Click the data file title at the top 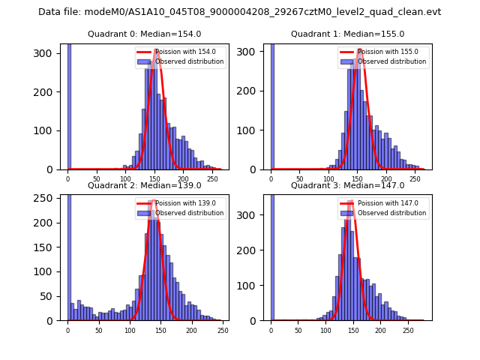[239, 12]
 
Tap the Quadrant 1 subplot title [347, 34]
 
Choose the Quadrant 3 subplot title [347, 185]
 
